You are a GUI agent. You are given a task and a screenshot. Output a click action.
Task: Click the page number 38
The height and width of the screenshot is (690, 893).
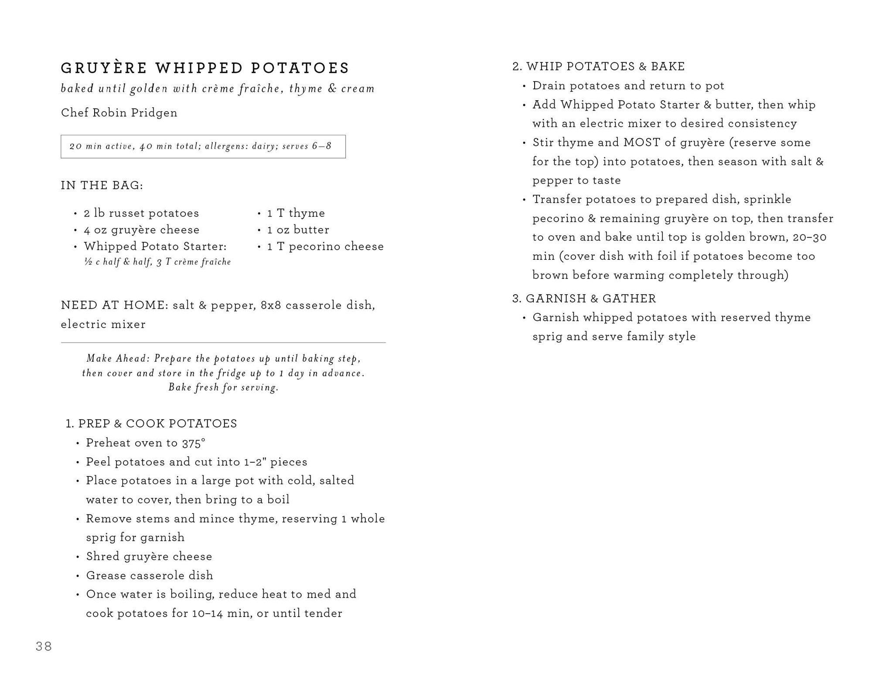[x=44, y=646]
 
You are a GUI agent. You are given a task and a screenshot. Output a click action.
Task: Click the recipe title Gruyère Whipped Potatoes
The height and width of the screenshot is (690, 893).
[x=205, y=68]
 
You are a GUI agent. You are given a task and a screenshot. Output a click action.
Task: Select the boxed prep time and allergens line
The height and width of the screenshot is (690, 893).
[x=203, y=146]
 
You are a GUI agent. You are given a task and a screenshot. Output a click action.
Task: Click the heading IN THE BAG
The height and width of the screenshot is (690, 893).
[x=102, y=186]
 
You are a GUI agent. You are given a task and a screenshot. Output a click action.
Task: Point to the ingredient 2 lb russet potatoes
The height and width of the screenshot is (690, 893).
[x=141, y=213]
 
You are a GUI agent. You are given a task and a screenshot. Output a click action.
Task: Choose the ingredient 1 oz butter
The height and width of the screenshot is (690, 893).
[x=298, y=230]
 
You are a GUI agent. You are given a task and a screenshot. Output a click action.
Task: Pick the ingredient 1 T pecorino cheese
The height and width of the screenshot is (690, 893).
[x=325, y=247]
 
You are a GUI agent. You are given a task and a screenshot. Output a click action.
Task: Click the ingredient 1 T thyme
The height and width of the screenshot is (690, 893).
[x=296, y=213]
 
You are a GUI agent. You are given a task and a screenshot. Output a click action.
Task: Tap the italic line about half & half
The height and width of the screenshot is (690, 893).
[x=157, y=262]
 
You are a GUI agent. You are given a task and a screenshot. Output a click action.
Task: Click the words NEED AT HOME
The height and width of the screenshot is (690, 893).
[x=114, y=305]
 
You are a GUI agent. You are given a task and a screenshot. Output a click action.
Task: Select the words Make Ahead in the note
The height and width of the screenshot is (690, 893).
[x=118, y=359]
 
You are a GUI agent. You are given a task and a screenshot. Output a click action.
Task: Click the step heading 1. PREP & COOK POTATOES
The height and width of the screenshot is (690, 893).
[x=151, y=424]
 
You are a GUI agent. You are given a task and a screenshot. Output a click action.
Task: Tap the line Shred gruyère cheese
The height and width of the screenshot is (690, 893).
[x=149, y=557]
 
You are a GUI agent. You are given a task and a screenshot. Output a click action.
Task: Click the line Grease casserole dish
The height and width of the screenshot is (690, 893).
[x=150, y=575]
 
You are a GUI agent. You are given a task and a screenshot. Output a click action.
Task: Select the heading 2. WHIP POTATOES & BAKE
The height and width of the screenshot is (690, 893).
[x=598, y=67]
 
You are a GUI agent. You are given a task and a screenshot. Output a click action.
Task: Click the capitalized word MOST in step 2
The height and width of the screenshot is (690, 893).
[x=642, y=143]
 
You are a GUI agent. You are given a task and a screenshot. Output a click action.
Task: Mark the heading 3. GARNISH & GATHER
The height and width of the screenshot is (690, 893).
[x=584, y=299]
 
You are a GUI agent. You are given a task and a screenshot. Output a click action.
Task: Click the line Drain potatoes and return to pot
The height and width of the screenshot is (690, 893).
[x=628, y=86]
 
